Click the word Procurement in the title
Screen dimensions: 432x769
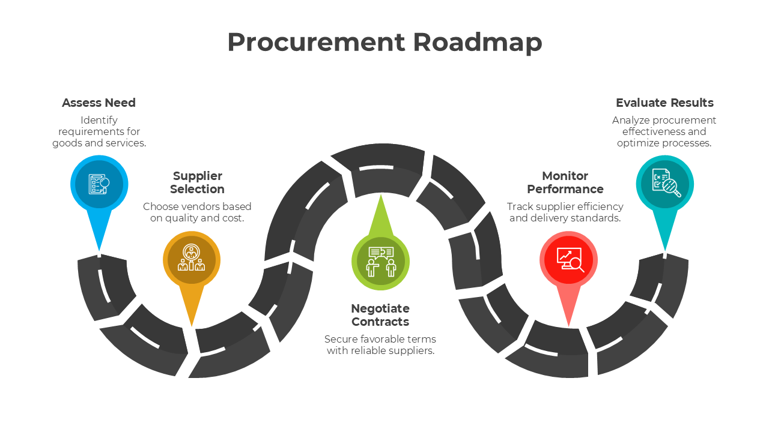316,42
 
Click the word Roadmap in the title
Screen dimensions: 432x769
478,42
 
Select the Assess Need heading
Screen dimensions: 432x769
99,103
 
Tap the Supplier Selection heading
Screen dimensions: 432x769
197,182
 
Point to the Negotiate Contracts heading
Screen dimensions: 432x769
380,315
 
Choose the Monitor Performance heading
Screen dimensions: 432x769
565,182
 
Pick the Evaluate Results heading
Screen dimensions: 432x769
664,103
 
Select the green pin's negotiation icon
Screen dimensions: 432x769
380,262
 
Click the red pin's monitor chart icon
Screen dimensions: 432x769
568,260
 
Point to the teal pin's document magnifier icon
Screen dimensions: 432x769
665,184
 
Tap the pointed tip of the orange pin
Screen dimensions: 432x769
192,325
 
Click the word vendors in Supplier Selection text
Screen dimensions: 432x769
199,206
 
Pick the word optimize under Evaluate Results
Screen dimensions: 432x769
638,143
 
